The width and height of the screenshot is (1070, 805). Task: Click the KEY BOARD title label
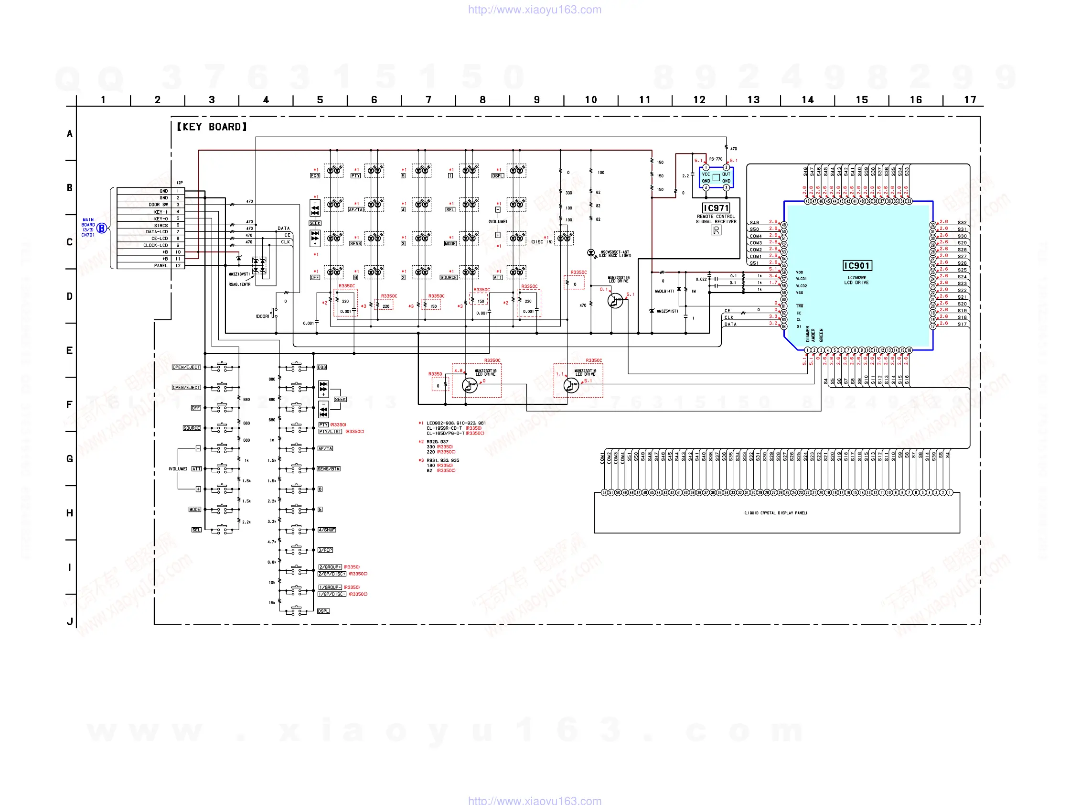tap(212, 127)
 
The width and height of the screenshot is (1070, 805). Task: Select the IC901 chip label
tap(856, 266)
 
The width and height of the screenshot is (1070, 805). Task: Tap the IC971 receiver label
tap(716, 208)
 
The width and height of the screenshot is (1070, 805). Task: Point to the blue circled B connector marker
tap(102, 228)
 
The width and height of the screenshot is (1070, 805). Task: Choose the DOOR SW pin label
tap(158, 205)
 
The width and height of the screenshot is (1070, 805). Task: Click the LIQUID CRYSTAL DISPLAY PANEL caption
tap(775, 513)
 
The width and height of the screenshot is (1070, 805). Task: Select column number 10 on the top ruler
tap(590, 100)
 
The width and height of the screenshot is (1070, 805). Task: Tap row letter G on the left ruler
tap(70, 459)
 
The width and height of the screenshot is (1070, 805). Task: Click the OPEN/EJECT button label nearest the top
tap(186, 368)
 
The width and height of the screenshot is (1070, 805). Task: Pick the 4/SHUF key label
tap(327, 530)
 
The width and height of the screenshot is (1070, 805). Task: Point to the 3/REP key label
tap(325, 550)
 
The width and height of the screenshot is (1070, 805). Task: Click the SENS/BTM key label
tap(329, 469)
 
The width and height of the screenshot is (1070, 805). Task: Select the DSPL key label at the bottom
tap(323, 611)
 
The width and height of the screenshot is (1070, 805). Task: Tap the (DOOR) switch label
tap(262, 316)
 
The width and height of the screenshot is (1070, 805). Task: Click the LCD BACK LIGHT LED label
tap(615, 254)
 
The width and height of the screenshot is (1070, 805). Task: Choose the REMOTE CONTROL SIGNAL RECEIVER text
tap(716, 219)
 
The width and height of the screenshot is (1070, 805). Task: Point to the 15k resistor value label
tap(272, 603)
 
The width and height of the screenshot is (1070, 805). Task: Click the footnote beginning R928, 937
tap(437, 442)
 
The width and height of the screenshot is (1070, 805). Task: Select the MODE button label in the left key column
tap(194, 510)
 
